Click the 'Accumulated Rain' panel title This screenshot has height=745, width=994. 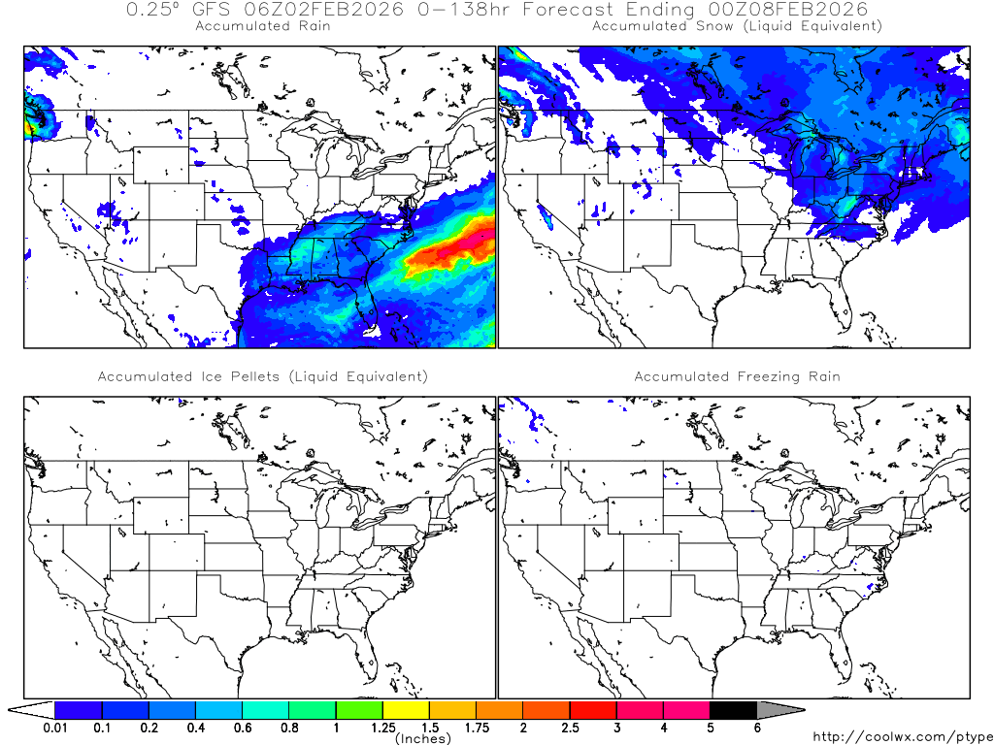click(x=262, y=26)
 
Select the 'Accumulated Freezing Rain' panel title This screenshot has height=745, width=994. click(x=737, y=376)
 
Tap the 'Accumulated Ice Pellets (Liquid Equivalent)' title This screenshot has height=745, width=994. click(x=262, y=376)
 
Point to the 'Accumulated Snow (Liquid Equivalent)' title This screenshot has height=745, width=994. click(x=737, y=26)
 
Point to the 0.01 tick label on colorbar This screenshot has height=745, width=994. click(x=55, y=728)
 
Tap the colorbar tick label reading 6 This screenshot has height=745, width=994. click(x=756, y=728)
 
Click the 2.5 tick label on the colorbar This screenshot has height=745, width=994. click(x=569, y=728)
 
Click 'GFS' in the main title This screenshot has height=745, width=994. click(x=214, y=9)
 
